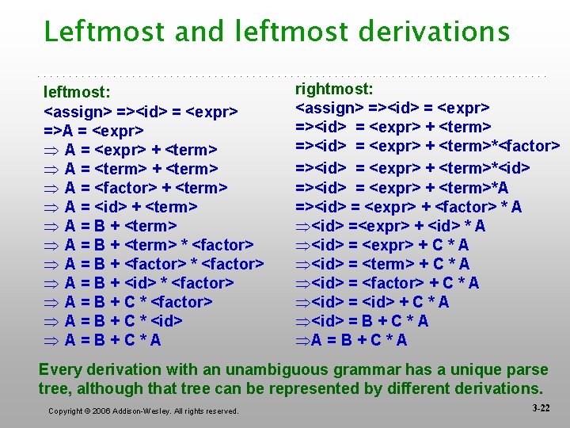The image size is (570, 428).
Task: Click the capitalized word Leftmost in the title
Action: [102, 32]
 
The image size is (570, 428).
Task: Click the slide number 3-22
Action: [541, 407]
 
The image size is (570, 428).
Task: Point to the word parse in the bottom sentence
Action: [527, 370]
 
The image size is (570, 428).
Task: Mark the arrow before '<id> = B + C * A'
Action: [302, 321]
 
